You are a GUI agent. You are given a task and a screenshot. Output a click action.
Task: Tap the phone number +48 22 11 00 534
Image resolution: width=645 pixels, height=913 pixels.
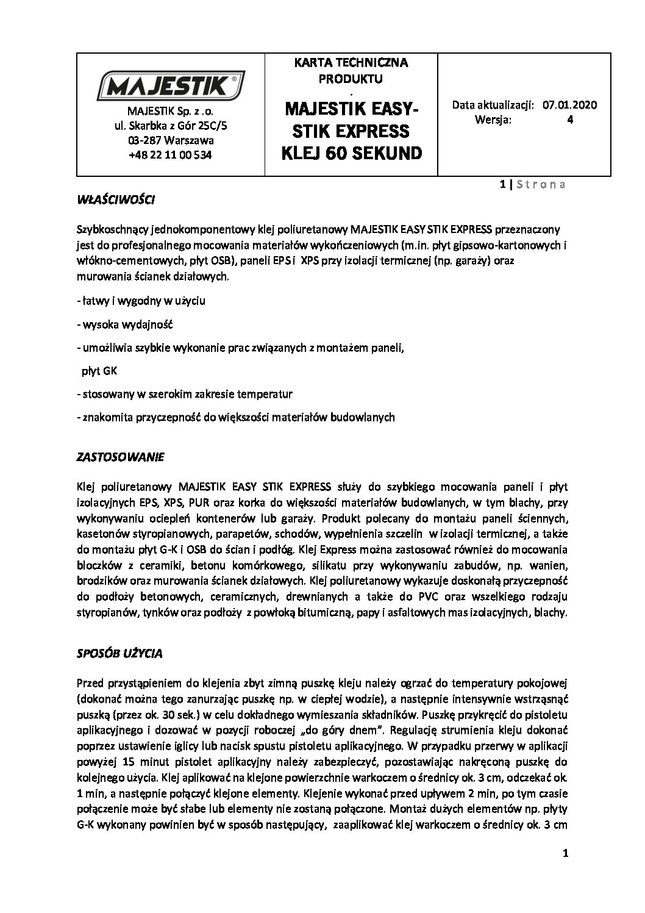(x=171, y=155)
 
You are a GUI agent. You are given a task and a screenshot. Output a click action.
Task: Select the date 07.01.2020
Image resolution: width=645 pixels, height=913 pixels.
(x=569, y=104)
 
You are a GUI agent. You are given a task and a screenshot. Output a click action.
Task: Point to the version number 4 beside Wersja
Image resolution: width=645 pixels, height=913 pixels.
(x=569, y=120)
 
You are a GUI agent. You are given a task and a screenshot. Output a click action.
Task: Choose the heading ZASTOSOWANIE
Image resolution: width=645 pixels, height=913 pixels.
(x=121, y=457)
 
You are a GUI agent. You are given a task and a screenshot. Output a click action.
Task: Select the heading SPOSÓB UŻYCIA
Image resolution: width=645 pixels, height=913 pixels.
(x=119, y=653)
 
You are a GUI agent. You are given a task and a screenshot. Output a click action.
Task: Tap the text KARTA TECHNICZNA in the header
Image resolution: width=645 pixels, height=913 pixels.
(x=351, y=62)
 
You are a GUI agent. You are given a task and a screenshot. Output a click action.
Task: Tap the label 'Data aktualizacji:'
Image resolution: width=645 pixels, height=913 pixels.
(x=493, y=104)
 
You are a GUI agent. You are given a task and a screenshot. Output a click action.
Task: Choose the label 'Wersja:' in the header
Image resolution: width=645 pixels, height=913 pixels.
(x=493, y=120)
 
